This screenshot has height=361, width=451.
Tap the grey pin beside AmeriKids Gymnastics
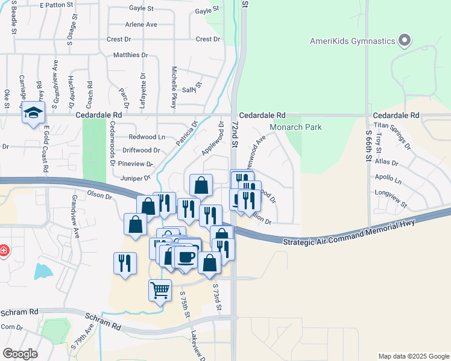(x=405, y=41)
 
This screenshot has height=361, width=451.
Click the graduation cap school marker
(x=33, y=113)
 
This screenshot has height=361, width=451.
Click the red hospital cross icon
(x=3, y=249)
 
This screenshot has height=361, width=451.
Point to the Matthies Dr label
(x=131, y=55)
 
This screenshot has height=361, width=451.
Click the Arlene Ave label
(x=141, y=25)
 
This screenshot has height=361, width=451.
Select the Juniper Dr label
(x=134, y=178)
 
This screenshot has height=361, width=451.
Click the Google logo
(x=20, y=354)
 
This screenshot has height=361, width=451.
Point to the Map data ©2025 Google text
(x=413, y=356)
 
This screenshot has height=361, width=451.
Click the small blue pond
(x=43, y=271)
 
